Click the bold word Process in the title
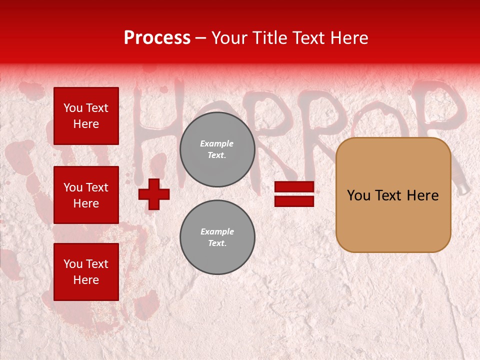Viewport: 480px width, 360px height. tap(157, 38)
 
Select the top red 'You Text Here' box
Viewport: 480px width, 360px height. tap(86, 116)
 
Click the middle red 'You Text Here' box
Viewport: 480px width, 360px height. tap(86, 195)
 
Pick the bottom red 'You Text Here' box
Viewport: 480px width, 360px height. tap(86, 272)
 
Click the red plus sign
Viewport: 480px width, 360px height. tap(154, 194)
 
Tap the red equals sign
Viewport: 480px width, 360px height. tap(294, 194)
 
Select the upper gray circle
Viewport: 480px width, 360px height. tap(217, 149)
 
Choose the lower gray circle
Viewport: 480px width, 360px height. tap(217, 237)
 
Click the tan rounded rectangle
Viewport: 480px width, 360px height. tap(393, 195)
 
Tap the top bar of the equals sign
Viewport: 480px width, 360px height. tap(294, 187)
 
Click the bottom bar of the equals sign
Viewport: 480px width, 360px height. tap(294, 201)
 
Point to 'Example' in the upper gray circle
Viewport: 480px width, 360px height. tap(217, 143)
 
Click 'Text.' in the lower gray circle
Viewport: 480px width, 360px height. tap(217, 243)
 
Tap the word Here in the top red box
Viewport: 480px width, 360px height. tap(86, 124)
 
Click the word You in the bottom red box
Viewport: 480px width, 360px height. tap(73, 264)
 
